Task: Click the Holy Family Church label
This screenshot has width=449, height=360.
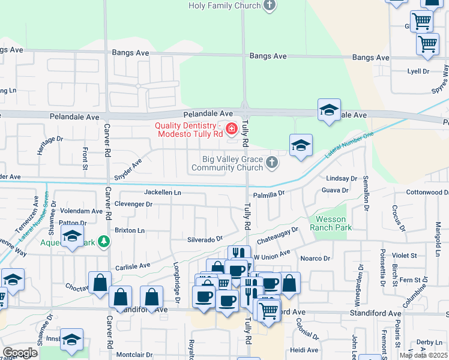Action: click(224, 5)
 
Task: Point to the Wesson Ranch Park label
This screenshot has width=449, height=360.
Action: click(331, 224)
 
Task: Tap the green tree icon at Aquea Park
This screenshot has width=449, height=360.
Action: click(104, 241)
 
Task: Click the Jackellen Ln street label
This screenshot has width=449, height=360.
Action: click(162, 193)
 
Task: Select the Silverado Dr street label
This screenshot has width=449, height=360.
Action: click(205, 239)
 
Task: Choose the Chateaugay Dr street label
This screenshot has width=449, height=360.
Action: click(277, 235)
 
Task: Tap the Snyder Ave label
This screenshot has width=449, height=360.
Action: click(128, 170)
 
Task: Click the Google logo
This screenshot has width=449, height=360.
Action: click(20, 353)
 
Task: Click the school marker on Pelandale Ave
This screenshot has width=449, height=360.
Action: click(329, 110)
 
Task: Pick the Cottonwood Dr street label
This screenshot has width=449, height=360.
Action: click(427, 193)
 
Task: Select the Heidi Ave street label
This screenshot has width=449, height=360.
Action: click(304, 350)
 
